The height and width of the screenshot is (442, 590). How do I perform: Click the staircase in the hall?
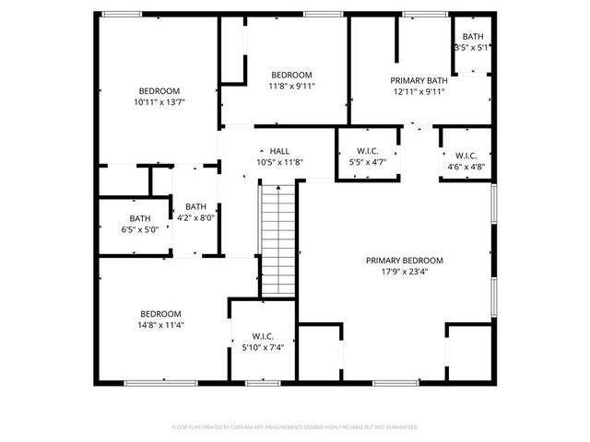pos(278,238)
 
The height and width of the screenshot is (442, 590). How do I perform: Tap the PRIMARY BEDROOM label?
pos(404,260)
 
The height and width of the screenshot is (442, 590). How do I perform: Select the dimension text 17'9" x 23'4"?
pos(404,272)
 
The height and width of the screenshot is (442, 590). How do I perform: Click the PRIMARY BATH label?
pos(419,80)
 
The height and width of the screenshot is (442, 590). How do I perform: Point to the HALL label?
pos(279,150)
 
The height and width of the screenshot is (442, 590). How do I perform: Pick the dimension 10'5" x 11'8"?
pos(279,162)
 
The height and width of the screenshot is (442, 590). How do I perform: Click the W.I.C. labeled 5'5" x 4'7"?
pos(366,156)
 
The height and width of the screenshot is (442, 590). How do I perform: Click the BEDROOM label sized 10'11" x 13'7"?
pos(159,90)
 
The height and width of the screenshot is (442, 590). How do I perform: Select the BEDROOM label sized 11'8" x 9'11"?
pos(290,75)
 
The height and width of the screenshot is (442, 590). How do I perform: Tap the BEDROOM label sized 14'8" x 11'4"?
pos(160,313)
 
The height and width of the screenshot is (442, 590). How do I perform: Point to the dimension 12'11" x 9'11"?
pos(419,91)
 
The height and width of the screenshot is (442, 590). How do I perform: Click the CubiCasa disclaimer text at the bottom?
pos(295,427)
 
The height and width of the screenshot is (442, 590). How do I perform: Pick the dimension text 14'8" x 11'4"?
pos(160,325)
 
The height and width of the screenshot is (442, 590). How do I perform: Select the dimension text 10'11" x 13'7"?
pos(159,102)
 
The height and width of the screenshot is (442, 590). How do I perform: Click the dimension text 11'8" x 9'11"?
pos(290,87)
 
